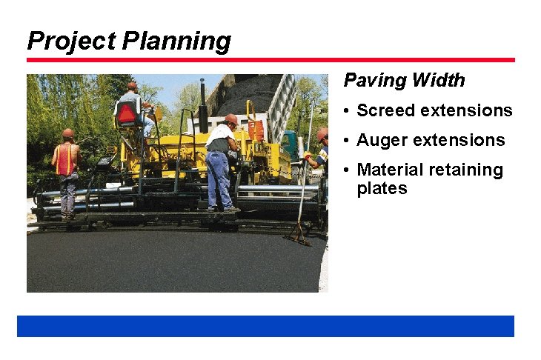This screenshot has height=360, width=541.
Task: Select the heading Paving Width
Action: [404, 80]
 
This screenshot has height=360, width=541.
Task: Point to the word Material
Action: [390, 170]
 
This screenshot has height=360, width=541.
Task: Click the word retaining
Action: [466, 170]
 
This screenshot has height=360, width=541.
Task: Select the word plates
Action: [382, 188]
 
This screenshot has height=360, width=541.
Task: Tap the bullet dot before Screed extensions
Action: [347, 111]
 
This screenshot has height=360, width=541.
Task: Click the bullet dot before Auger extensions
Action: [347, 141]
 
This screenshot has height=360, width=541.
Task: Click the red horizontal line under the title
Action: [270, 60]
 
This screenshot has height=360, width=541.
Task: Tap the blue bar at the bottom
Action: [265, 326]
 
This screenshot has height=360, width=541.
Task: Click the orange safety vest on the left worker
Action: [66, 159]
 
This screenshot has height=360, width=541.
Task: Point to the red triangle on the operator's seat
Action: [127, 113]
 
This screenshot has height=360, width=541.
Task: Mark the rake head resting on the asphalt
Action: [298, 239]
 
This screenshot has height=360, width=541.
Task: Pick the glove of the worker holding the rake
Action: [307, 156]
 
